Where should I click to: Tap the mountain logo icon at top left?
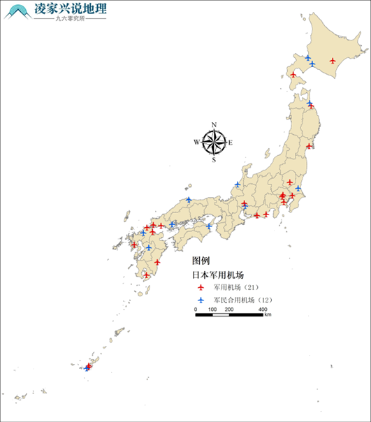pos(17,12)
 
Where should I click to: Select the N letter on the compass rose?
pos(214,125)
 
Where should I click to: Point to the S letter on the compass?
pos(214,160)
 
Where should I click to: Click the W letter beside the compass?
pos(197,143)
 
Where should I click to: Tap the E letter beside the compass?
pos(231,143)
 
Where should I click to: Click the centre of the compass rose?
pos(214,143)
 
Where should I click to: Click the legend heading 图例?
pos(201,260)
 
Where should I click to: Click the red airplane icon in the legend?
pos(201,287)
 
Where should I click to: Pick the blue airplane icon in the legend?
pos(201,300)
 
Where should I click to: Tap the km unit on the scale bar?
pos(268,316)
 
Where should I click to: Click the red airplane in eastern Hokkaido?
pos(332,61)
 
